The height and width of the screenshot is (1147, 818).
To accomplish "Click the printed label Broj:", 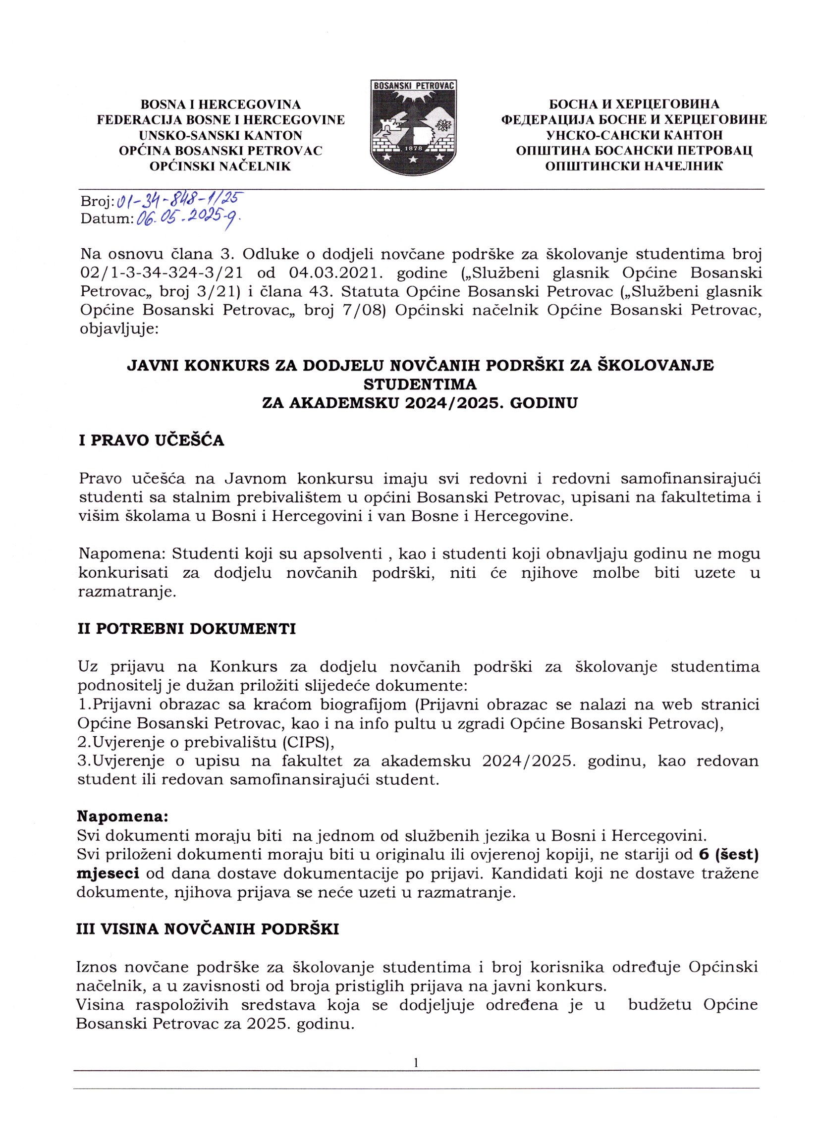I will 98,202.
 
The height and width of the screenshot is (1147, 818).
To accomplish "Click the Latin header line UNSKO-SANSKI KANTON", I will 220,135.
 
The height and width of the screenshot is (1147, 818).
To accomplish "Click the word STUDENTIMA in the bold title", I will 420,384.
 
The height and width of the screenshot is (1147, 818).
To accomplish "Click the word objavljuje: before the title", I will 119,330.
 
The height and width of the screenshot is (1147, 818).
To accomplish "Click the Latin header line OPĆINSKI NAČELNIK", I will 220,166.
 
